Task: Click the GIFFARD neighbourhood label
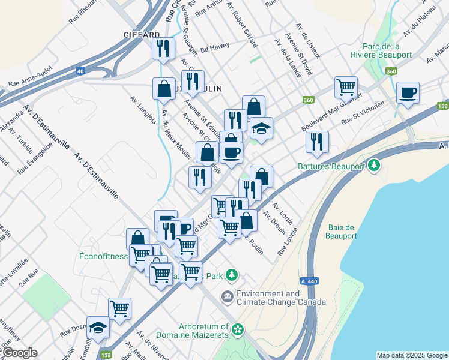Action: (x=142, y=34)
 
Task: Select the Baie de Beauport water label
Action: (x=343, y=232)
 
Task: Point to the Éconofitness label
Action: (x=104, y=256)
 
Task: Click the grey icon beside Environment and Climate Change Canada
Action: (x=227, y=296)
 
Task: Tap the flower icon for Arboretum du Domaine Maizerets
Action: (x=238, y=329)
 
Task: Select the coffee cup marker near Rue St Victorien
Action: (x=408, y=93)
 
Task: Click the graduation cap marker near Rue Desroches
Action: (x=98, y=328)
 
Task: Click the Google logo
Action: (x=19, y=353)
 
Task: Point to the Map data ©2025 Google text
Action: (x=411, y=355)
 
